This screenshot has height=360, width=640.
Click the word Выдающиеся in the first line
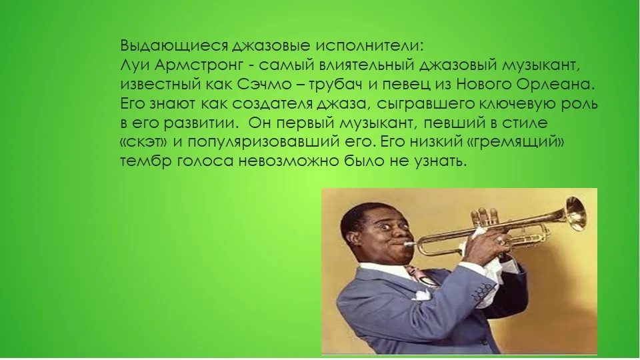coord(174,46)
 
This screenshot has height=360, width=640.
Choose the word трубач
coord(335,85)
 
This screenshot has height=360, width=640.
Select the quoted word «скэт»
coord(144,143)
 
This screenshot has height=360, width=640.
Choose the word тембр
coord(146,162)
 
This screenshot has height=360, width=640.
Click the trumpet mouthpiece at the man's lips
coord(409,244)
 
